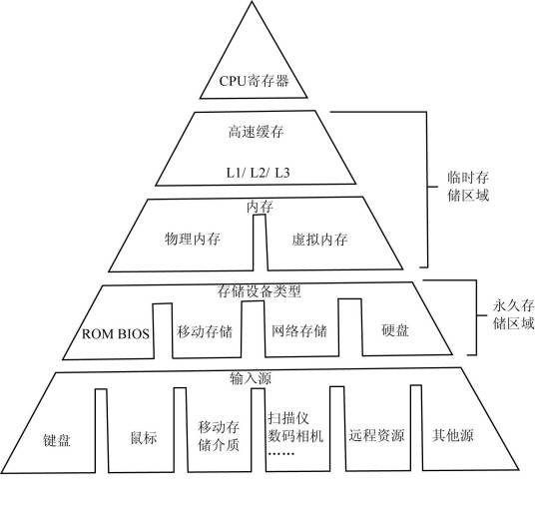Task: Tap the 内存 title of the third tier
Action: (260, 208)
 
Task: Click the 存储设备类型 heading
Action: (259, 291)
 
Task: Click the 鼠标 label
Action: (144, 437)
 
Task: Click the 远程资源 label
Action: (377, 436)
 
